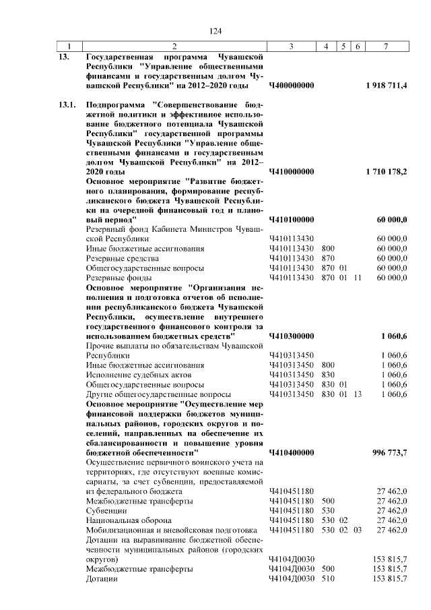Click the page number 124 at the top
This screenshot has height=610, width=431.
[215, 31]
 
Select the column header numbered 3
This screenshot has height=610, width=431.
[291, 47]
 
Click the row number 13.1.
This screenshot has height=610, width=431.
[67, 106]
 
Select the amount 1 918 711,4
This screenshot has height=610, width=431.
[387, 86]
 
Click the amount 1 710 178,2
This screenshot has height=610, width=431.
[387, 172]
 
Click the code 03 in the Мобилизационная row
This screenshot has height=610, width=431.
[357, 530]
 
